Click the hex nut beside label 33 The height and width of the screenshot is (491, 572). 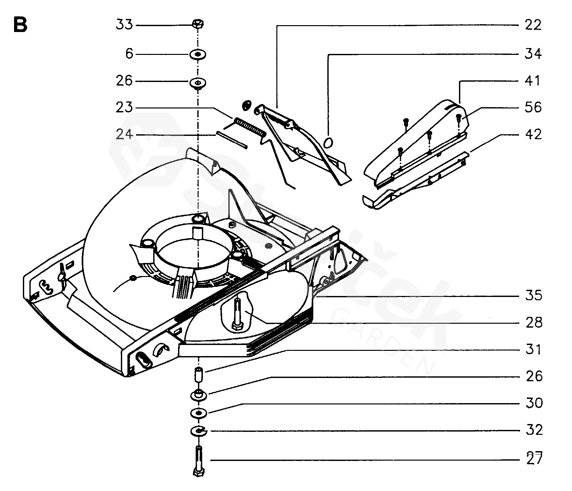(x=198, y=24)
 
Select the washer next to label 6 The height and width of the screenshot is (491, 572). (x=198, y=54)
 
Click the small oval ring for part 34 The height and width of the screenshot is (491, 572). (x=328, y=142)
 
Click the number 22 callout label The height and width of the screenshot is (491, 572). (x=533, y=25)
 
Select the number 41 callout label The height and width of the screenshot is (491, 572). (x=533, y=81)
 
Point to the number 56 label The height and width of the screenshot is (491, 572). (x=533, y=107)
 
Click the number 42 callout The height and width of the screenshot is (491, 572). (x=533, y=134)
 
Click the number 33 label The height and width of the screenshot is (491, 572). (x=124, y=25)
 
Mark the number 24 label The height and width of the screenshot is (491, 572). (x=124, y=134)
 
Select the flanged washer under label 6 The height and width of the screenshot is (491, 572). (x=198, y=82)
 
